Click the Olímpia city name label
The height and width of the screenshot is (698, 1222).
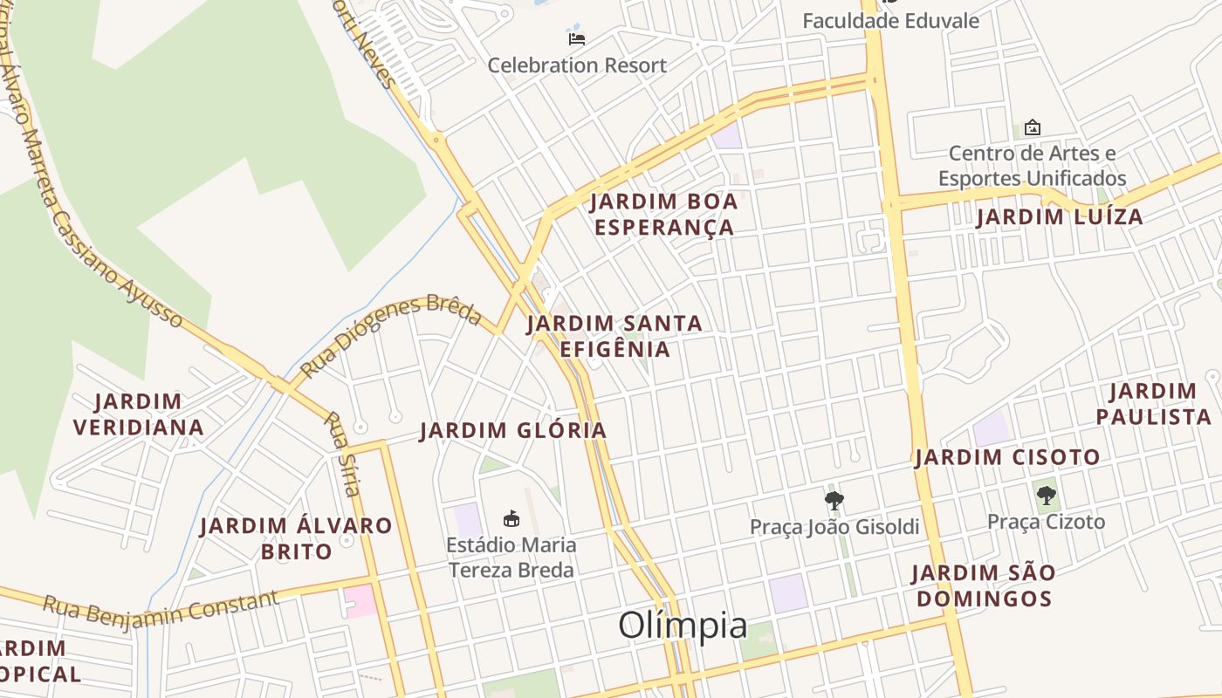tap(683, 626)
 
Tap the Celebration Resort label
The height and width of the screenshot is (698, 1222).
tap(576, 65)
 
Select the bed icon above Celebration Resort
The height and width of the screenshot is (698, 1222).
tap(576, 38)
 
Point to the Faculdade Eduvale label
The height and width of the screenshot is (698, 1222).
tap(890, 21)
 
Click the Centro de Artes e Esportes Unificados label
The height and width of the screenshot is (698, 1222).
tap(1032, 166)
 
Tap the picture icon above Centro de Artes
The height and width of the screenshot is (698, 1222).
tap(1032, 127)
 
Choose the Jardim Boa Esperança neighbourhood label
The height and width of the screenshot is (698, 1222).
tap(663, 215)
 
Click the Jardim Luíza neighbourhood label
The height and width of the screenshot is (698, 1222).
tap(1059, 217)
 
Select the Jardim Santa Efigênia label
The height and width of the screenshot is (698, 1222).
tap(614, 336)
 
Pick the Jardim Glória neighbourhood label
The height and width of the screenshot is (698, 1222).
tap(513, 430)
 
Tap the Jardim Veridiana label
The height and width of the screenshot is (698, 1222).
tap(139, 414)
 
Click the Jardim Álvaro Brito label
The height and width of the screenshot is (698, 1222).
tap(296, 538)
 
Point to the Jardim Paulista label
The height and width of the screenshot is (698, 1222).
tap(1153, 403)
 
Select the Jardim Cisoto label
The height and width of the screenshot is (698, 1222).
tap(1007, 457)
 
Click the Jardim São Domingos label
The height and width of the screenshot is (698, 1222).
tap(984, 585)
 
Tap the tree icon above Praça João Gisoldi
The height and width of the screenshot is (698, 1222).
tap(834, 501)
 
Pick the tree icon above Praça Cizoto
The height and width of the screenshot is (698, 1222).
tap(1046, 496)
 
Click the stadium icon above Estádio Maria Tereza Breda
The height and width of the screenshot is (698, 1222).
tap(511, 519)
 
